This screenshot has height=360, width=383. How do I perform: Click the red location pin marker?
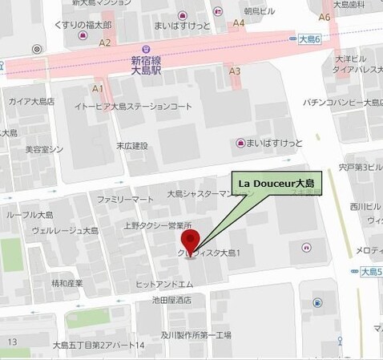tap(191, 239)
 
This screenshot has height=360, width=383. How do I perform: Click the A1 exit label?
tap(99, 87)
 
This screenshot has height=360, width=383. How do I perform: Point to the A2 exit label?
tap(105, 42)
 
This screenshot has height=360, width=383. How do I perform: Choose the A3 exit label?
tap(235, 71)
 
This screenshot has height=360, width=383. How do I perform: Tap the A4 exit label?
tap(238, 23)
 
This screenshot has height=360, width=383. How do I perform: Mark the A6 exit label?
tap(325, 16)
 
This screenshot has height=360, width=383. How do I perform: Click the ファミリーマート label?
tap(124, 199)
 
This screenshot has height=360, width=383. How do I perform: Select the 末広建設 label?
tap(132, 146)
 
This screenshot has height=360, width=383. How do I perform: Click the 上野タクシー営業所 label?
tap(158, 225)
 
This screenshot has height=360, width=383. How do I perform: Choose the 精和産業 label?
tap(67, 283)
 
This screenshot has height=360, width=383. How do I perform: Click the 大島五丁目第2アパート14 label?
tap(98, 346)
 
